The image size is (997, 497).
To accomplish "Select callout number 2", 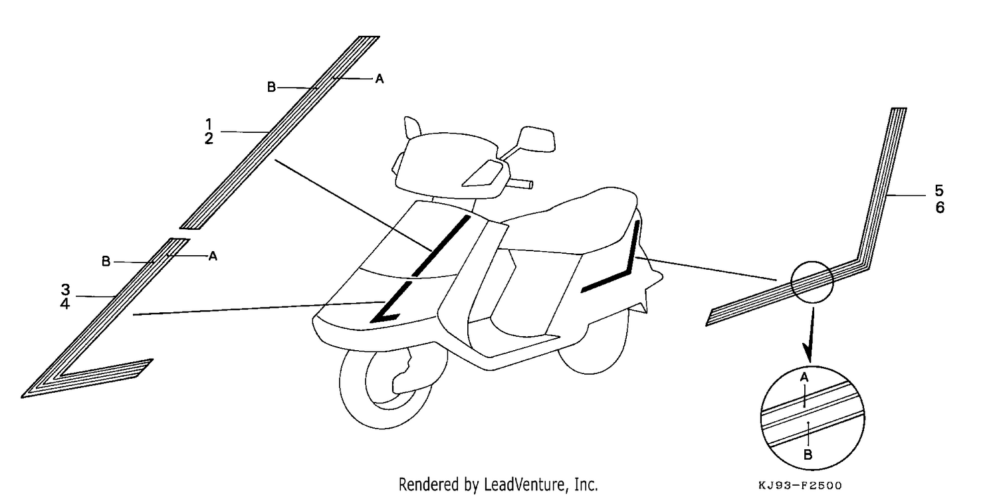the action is pyautogui.click(x=209, y=139).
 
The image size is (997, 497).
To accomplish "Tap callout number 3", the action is pyautogui.click(x=65, y=290).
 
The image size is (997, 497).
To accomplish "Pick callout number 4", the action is pyautogui.click(x=65, y=304).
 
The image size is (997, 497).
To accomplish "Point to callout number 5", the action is pyautogui.click(x=939, y=191).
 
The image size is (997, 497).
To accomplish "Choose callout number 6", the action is pyautogui.click(x=940, y=207).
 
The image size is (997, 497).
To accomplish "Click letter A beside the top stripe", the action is pyautogui.click(x=380, y=79).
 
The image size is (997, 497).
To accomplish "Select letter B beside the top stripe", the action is pyautogui.click(x=271, y=87).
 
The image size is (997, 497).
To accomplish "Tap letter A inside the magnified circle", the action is pyautogui.click(x=804, y=377).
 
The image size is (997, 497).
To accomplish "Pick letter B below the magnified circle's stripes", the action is pyautogui.click(x=808, y=454).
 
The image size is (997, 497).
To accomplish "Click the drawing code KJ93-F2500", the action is pyautogui.click(x=800, y=485).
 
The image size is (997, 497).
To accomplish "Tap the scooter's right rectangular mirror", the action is pyautogui.click(x=538, y=139).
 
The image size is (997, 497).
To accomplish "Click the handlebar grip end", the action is pyautogui.click(x=531, y=184).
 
